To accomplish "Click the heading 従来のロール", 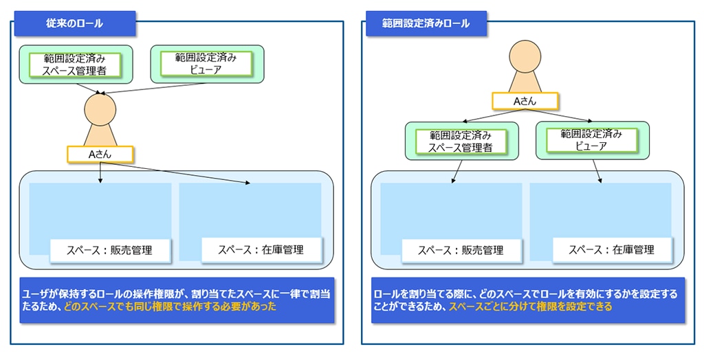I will click(74, 23).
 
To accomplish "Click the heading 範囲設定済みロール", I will click(426, 23).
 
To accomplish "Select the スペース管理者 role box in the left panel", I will click(75, 64).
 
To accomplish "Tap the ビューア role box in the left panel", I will click(206, 64).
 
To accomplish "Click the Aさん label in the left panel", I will click(100, 154).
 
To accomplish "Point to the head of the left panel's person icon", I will click(101, 111).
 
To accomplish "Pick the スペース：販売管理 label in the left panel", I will click(110, 250).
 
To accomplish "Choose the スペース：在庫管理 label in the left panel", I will click(261, 250).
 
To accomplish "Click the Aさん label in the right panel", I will click(525, 101).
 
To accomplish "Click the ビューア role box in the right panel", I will click(591, 140).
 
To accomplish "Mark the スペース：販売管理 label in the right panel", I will click(461, 250).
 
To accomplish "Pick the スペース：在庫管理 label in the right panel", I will click(611, 250).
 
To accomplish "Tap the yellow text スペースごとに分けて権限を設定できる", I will click(530, 307).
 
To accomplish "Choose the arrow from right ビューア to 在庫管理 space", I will click(597, 170).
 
